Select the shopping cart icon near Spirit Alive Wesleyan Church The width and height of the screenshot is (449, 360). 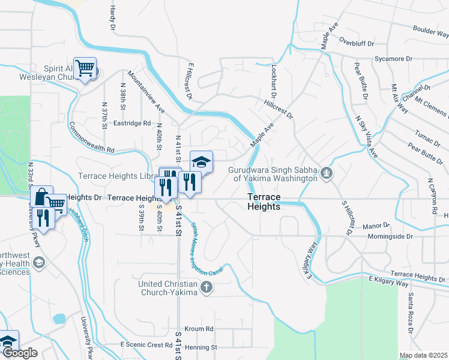pos(84,68)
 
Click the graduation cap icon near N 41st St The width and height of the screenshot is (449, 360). pos(202,161)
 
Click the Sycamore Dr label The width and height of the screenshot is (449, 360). pos(392,59)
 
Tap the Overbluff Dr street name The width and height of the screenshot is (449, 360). pos(356,44)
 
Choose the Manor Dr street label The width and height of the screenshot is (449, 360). pos(376,227)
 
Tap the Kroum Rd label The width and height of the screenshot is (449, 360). pos(199,329)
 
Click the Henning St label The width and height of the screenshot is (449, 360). pos(200,347)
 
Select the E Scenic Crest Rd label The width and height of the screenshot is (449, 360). pos(146,344)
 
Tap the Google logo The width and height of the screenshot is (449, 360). pos(19,353)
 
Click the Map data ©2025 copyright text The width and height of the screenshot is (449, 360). pos(423,355)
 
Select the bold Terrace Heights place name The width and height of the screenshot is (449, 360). pos(264,202)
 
